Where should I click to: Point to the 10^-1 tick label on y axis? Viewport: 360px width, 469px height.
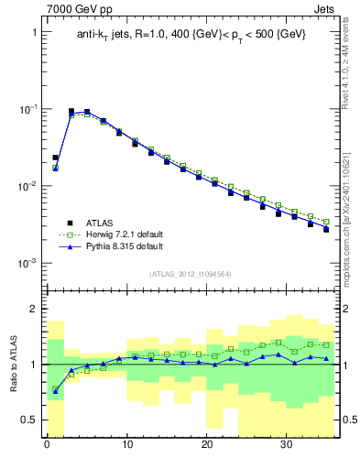click(27, 109)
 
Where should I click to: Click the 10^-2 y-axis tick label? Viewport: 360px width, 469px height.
click(27, 186)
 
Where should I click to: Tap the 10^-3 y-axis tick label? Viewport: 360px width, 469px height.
click(27, 263)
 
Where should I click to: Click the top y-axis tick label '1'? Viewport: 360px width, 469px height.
click(34, 32)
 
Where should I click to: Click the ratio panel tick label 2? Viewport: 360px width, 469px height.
click(34, 310)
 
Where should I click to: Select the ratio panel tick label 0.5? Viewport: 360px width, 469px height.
click(30, 420)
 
